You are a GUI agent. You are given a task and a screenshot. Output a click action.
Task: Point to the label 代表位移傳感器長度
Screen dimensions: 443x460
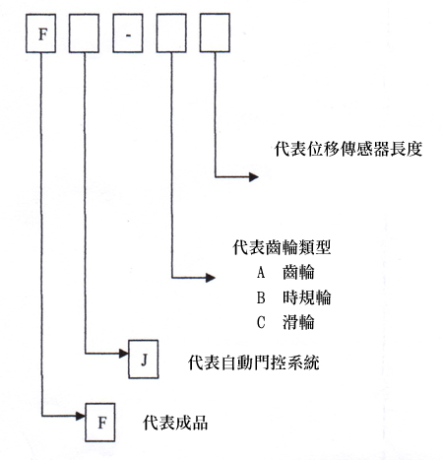coord(348,150)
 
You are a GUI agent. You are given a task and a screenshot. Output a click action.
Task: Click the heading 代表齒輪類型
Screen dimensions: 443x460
coord(282,247)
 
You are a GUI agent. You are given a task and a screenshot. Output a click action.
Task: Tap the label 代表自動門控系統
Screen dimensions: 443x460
coord(254,362)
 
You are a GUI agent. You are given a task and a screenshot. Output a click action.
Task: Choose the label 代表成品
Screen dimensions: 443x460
coord(175,423)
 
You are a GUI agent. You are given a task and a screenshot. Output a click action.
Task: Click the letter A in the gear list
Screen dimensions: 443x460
coord(261,272)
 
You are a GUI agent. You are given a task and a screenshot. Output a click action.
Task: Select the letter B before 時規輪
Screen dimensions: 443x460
coord(261,297)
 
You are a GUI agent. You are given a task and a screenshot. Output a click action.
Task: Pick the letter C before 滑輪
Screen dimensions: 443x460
coord(261,322)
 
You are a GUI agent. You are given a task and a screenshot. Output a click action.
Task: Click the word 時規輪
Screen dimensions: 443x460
coord(307,297)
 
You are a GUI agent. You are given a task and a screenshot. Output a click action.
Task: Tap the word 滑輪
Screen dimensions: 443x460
coord(298,322)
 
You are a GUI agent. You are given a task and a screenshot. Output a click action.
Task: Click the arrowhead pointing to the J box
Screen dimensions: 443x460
coord(124,354)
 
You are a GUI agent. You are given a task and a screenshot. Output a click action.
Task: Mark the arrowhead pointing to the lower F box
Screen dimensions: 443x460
coord(81,416)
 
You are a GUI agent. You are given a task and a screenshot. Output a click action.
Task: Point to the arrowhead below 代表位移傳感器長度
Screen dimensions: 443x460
coord(254,177)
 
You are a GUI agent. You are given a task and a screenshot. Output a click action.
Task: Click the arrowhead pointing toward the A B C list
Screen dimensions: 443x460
coord(211,278)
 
